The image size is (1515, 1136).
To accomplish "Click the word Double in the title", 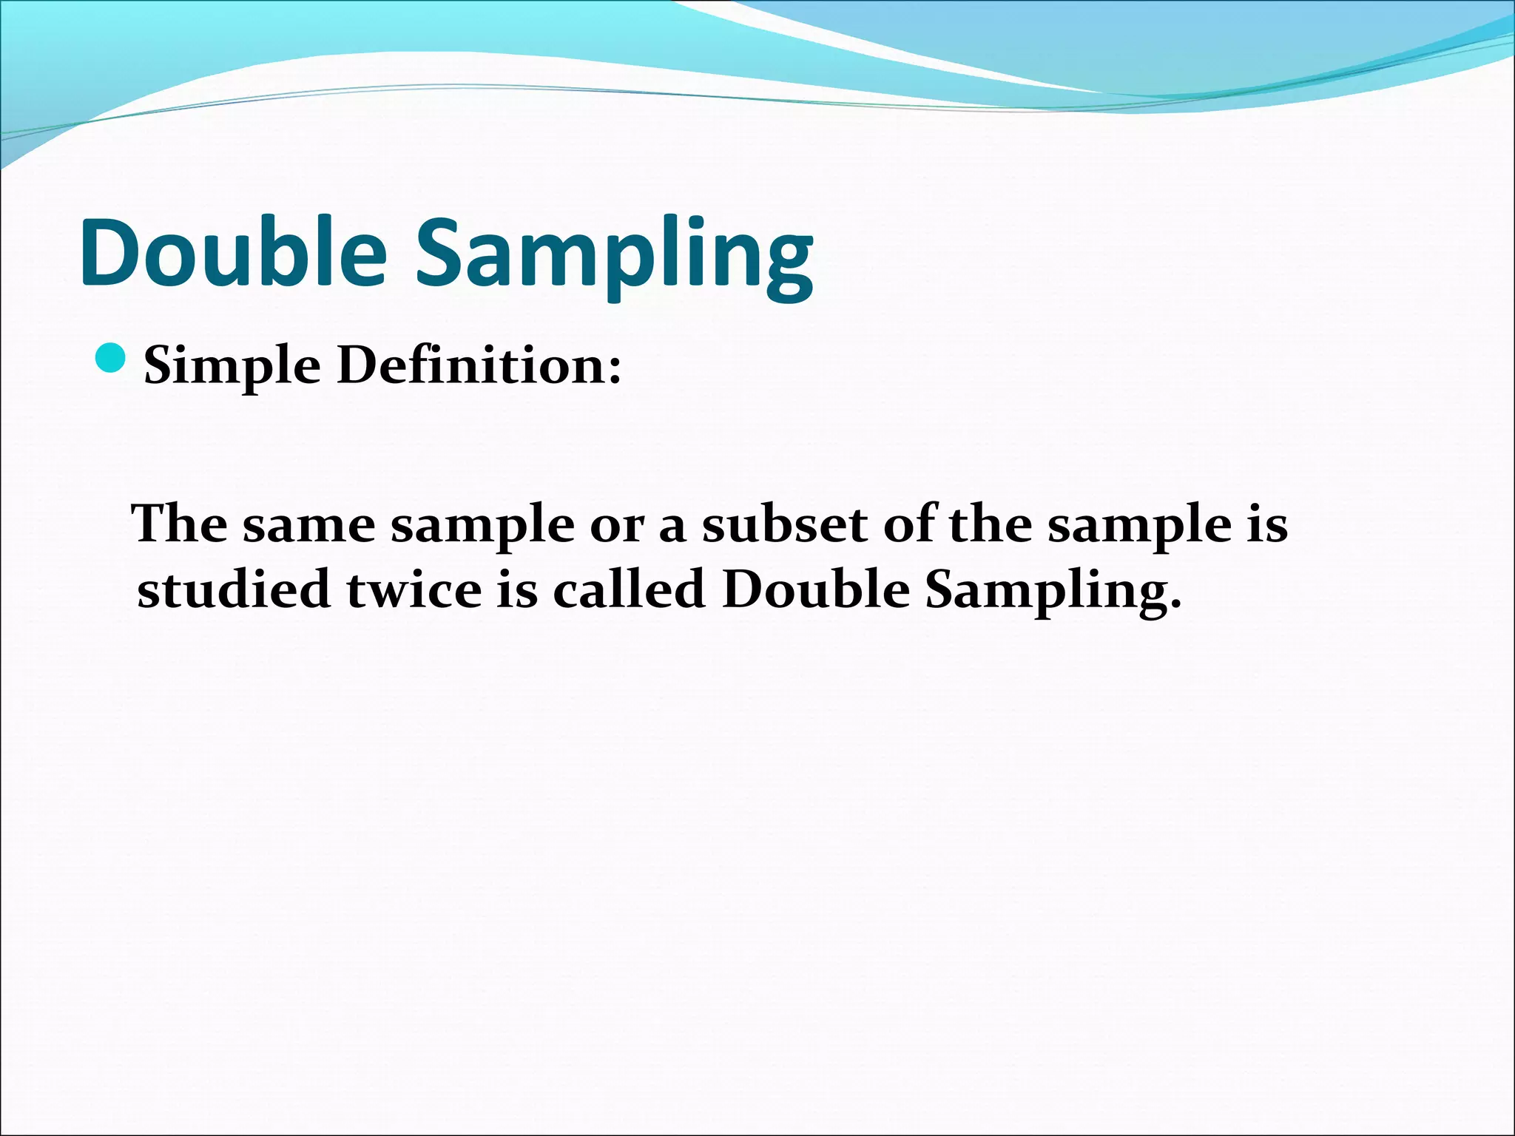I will (233, 253).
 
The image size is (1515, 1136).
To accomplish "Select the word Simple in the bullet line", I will (232, 368).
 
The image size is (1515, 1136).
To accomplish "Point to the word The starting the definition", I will (180, 524).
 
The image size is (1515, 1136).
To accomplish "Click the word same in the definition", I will (309, 525).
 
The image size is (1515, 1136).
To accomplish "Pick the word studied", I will (234, 590).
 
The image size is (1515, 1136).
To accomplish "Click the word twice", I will (414, 590).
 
